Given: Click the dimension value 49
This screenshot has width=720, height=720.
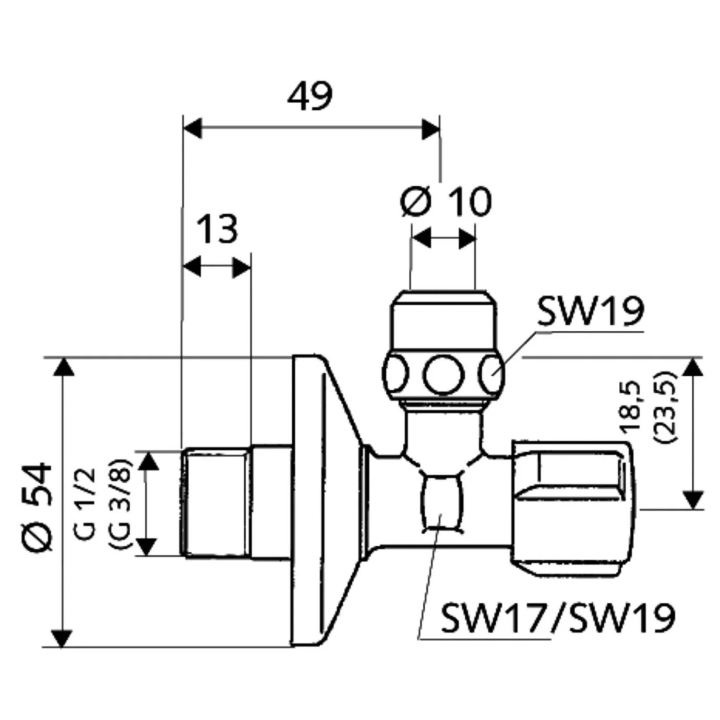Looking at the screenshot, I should (310, 97).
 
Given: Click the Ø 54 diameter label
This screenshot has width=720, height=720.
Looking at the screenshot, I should (37, 507).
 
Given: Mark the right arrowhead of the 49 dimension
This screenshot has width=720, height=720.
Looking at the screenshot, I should (430, 128).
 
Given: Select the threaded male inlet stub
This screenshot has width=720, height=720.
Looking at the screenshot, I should (216, 503).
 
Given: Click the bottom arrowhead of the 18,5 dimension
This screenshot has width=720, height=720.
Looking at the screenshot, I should (692, 499).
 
